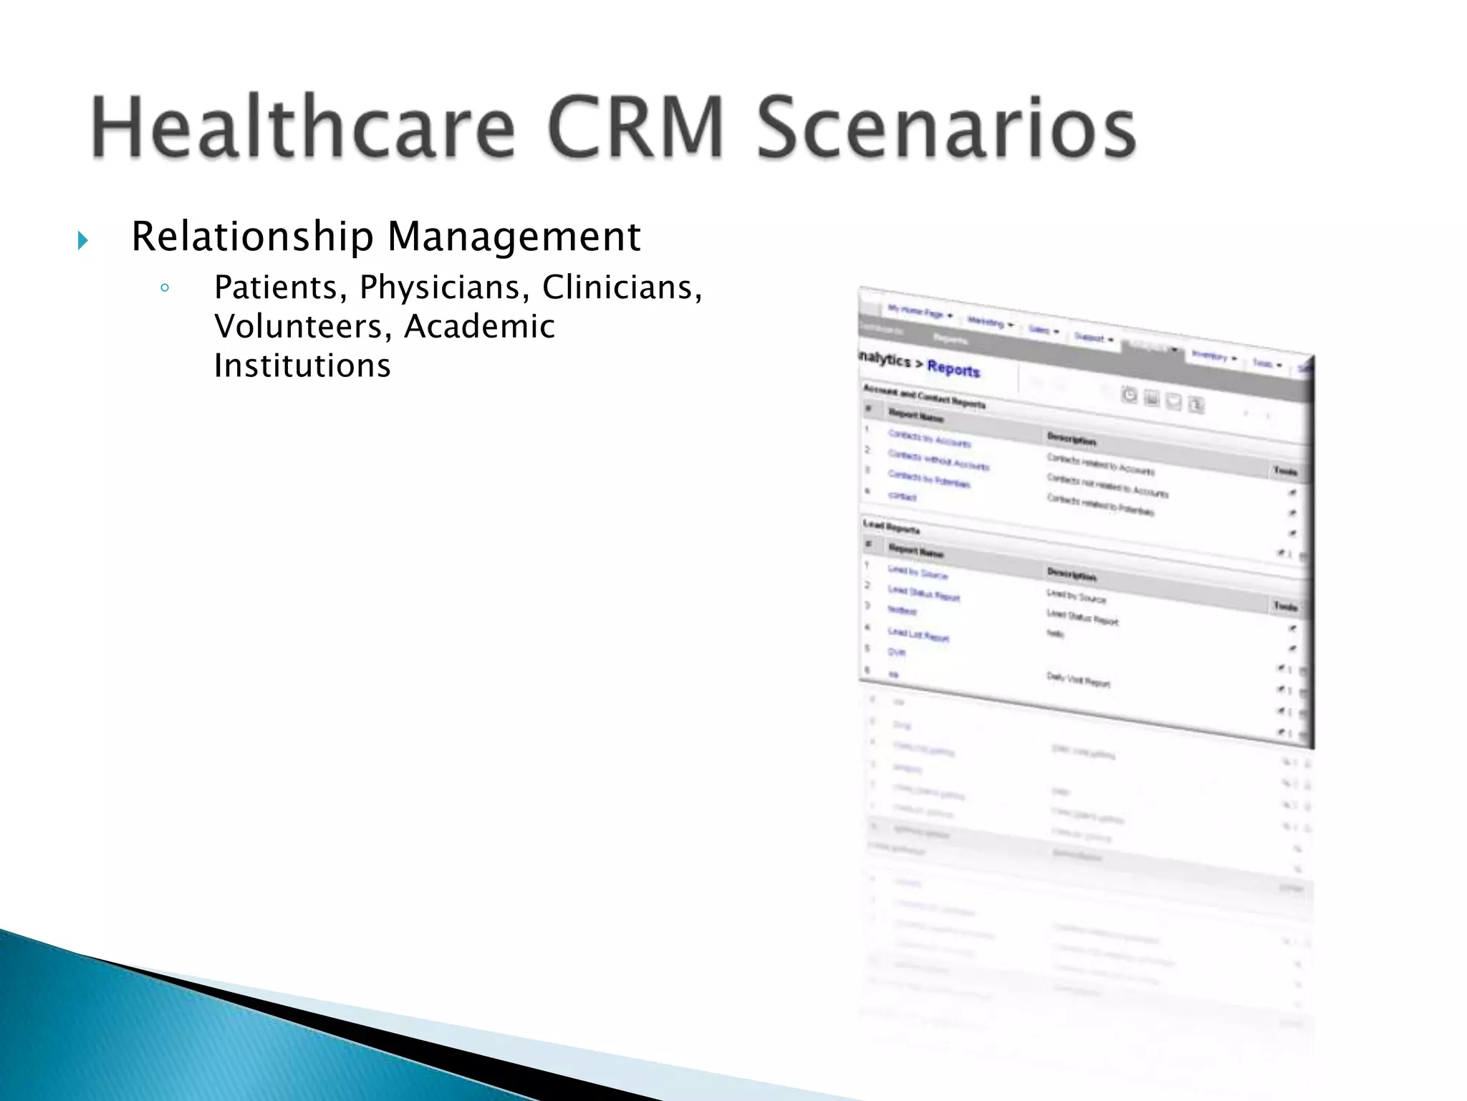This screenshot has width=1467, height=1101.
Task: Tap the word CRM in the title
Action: click(x=635, y=128)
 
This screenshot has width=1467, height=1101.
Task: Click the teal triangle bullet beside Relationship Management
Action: click(x=83, y=240)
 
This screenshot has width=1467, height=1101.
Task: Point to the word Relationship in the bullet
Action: click(x=252, y=237)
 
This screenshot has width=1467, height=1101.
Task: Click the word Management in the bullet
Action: click(x=514, y=237)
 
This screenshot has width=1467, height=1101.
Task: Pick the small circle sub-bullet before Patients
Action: click(x=165, y=289)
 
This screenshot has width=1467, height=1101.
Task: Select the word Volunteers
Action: click(x=304, y=327)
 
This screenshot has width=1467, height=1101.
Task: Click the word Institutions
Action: click(x=302, y=366)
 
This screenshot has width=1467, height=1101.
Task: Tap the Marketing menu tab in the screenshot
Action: click(x=986, y=323)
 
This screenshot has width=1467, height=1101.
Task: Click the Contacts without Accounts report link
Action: click(x=938, y=460)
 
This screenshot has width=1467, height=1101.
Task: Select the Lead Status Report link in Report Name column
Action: click(x=923, y=594)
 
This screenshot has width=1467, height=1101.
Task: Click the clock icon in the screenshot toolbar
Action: click(x=1130, y=395)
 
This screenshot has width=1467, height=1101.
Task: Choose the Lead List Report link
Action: click(x=918, y=634)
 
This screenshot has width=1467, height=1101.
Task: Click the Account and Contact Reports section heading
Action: click(x=924, y=396)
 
